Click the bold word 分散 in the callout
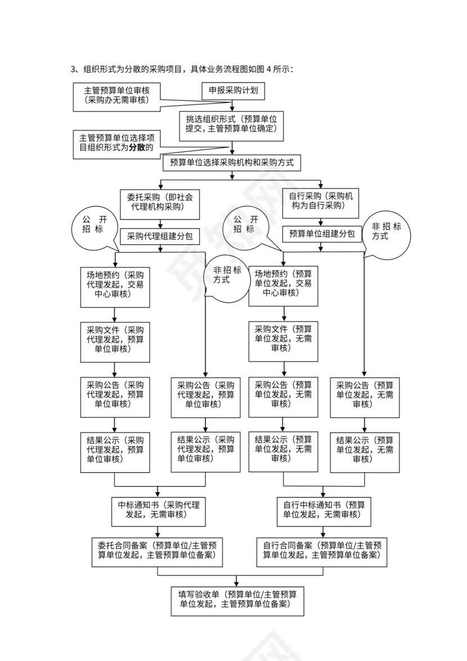pos(137,148)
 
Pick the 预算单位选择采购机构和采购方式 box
pos(232,163)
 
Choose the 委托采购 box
pos(160,202)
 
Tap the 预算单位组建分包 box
pos(321,234)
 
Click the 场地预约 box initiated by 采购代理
pos(115,285)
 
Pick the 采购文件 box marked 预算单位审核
pos(115,340)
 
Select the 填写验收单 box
pos(237,600)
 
